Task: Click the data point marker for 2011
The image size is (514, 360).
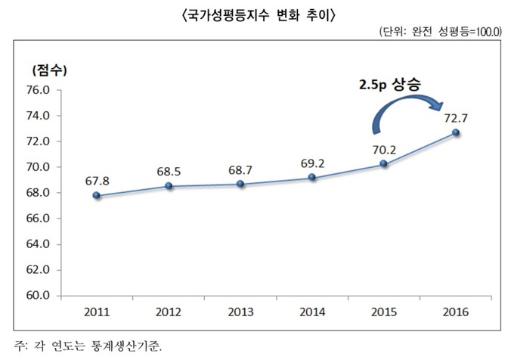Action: [96, 195]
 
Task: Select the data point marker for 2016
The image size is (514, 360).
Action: [456, 132]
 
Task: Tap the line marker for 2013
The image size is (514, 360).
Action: [240, 184]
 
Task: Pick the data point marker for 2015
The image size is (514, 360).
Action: [384, 164]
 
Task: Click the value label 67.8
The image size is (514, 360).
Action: [98, 182]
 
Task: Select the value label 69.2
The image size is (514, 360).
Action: [312, 163]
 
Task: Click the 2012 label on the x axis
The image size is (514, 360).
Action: [168, 312]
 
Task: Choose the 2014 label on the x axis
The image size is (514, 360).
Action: [311, 312]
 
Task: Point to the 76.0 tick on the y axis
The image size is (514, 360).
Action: [38, 90]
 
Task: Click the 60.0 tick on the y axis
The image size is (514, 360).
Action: [38, 295]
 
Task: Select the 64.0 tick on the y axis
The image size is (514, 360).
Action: [38, 244]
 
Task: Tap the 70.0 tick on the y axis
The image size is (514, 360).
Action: [38, 167]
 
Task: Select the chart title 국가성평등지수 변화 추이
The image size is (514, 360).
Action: [257, 14]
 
